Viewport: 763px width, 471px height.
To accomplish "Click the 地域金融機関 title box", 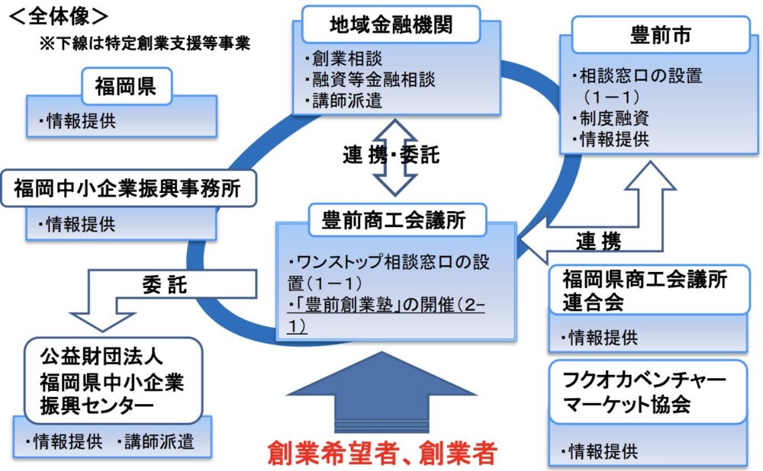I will pyautogui.click(x=391, y=25).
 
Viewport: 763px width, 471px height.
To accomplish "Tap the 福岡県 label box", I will pyautogui.click(x=126, y=86).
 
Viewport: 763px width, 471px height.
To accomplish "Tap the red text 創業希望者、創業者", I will pyautogui.click(x=382, y=453).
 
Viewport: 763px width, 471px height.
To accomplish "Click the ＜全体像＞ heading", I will pyautogui.click(x=57, y=14).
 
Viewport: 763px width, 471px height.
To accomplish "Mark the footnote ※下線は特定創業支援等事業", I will pyautogui.click(x=146, y=43).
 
